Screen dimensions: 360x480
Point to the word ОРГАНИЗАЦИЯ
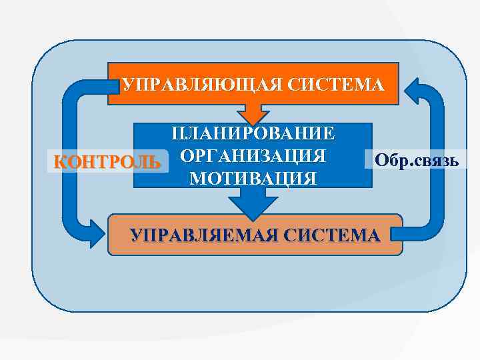tap(253, 156)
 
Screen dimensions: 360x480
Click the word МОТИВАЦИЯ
tap(253, 178)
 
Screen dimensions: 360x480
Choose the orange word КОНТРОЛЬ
tap(107, 162)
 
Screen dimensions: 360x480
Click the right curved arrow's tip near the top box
tap(412, 90)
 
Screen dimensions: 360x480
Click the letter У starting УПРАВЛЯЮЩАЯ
tap(127, 85)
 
